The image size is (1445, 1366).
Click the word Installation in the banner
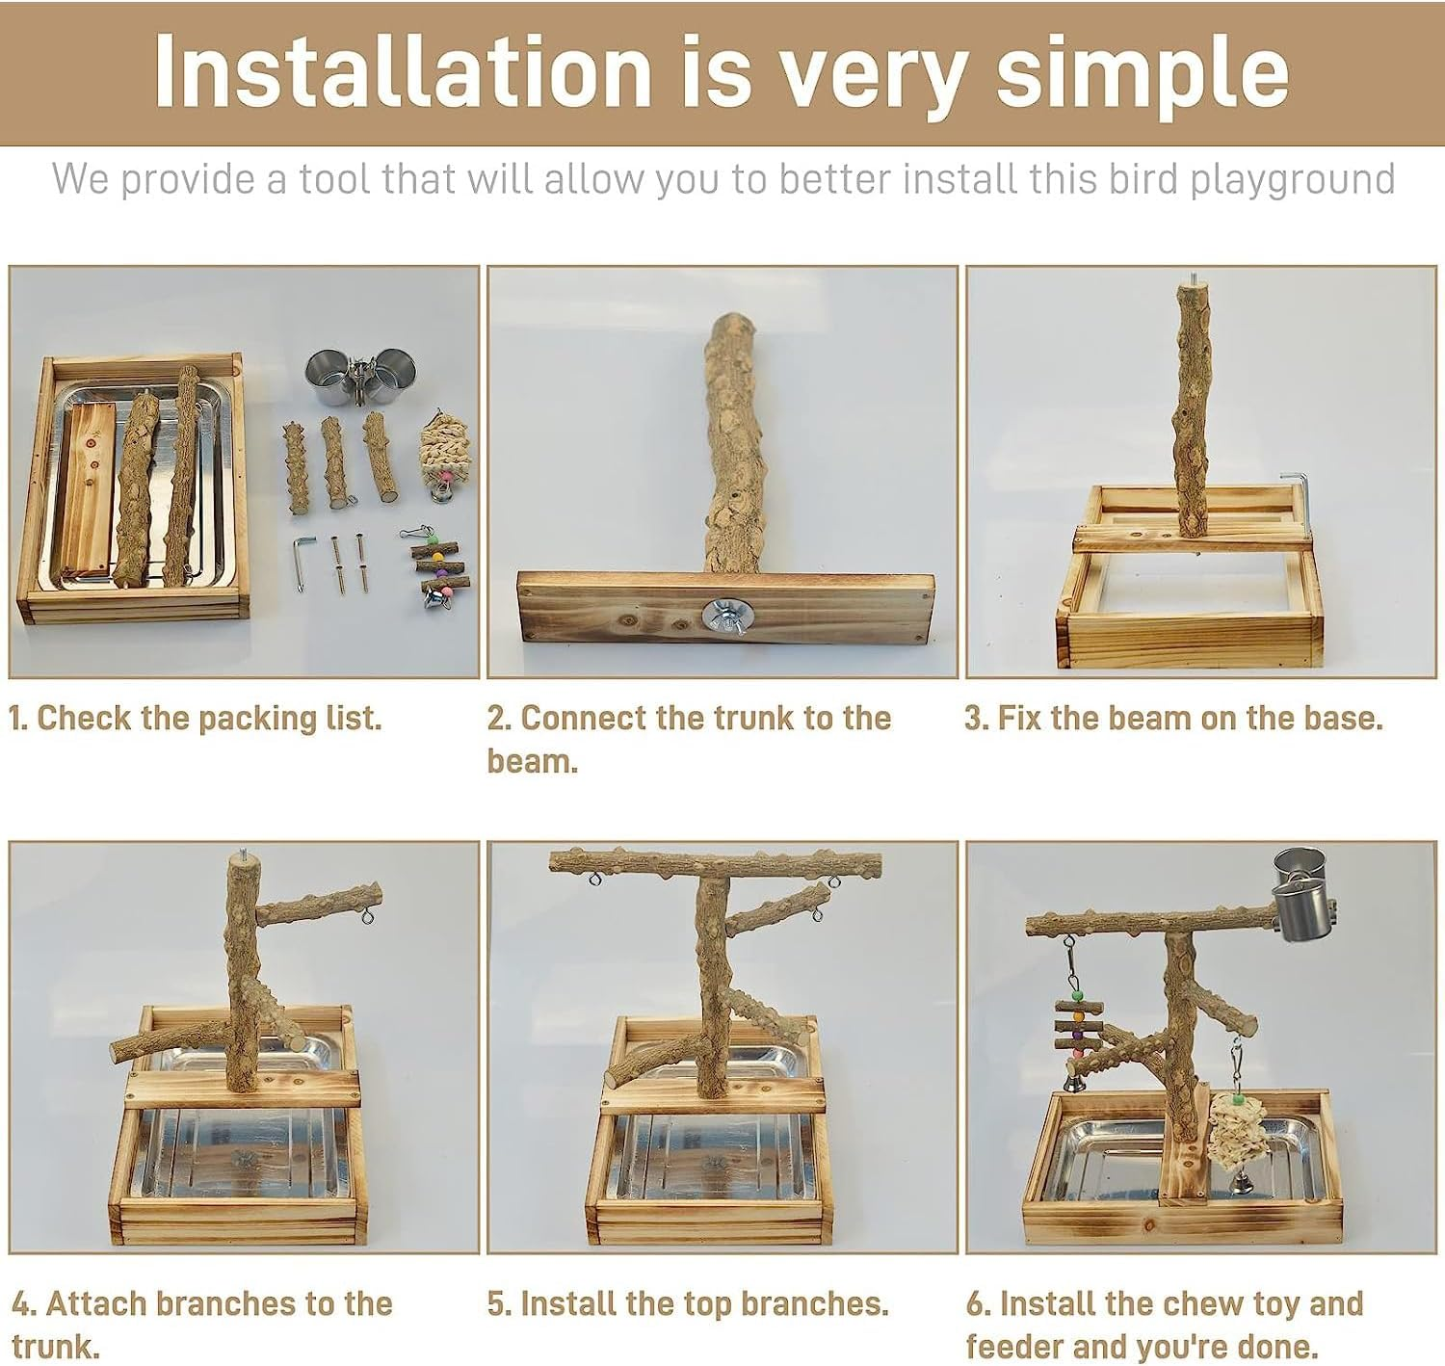[x=402, y=70]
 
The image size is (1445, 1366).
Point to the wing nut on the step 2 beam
[x=723, y=616]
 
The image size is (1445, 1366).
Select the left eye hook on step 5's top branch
[x=593, y=880]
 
